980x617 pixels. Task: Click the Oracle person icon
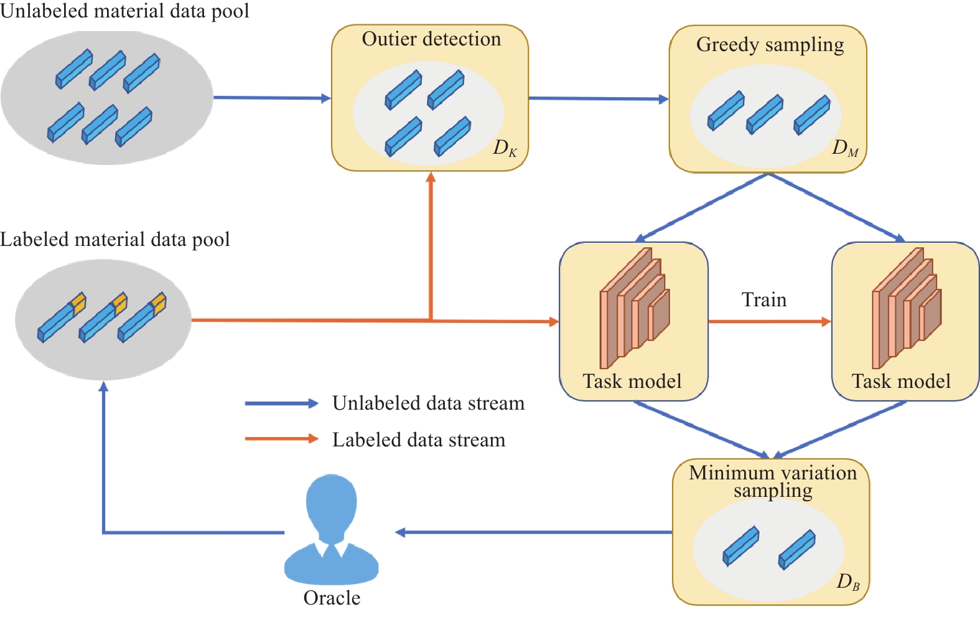[x=331, y=529]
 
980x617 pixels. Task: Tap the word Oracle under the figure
[x=332, y=598]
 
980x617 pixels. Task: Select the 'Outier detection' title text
[x=431, y=39]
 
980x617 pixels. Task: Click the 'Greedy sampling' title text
[x=770, y=45]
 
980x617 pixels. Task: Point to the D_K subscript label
[x=505, y=148]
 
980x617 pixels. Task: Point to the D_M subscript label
[x=845, y=148]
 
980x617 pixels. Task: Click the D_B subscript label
[x=848, y=582]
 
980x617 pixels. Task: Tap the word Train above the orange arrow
[x=763, y=300]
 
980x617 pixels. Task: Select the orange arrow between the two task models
[x=770, y=322]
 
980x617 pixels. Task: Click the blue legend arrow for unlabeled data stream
[x=281, y=403]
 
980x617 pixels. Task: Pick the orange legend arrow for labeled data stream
[x=281, y=439]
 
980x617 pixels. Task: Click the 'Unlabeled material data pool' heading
[x=124, y=11]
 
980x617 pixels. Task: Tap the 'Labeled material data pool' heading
[x=115, y=240]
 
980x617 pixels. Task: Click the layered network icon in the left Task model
[x=634, y=308]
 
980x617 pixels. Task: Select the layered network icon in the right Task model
[x=906, y=308]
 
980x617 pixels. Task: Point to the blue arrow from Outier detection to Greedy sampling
[x=598, y=98]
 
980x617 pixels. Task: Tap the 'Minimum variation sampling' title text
[x=772, y=481]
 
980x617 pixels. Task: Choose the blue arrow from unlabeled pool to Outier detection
[x=271, y=98]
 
